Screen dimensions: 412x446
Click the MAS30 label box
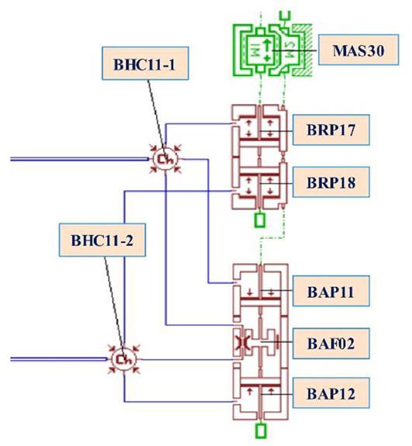[x=358, y=50]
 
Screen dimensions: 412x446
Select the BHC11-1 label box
[x=145, y=63]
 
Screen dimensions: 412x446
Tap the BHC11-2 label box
[x=102, y=240]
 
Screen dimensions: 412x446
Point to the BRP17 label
[x=331, y=130]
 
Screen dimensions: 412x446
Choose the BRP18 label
[x=331, y=182]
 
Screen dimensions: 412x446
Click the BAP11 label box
[x=331, y=291]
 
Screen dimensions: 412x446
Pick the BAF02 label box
[x=331, y=344]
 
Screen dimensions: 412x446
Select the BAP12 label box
[x=331, y=393]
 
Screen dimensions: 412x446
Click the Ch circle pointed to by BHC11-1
[x=165, y=159]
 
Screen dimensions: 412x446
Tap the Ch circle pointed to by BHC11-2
[x=124, y=359]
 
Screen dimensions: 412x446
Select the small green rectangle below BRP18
[x=260, y=220]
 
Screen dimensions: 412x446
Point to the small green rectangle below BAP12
[x=261, y=430]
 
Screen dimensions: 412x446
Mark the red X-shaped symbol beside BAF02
[x=241, y=342]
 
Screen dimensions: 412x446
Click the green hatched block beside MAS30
[x=304, y=50]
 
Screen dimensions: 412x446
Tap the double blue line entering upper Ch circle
[x=80, y=159]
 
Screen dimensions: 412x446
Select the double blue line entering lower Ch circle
[x=59, y=359]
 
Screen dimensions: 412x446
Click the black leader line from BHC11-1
[x=156, y=115]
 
